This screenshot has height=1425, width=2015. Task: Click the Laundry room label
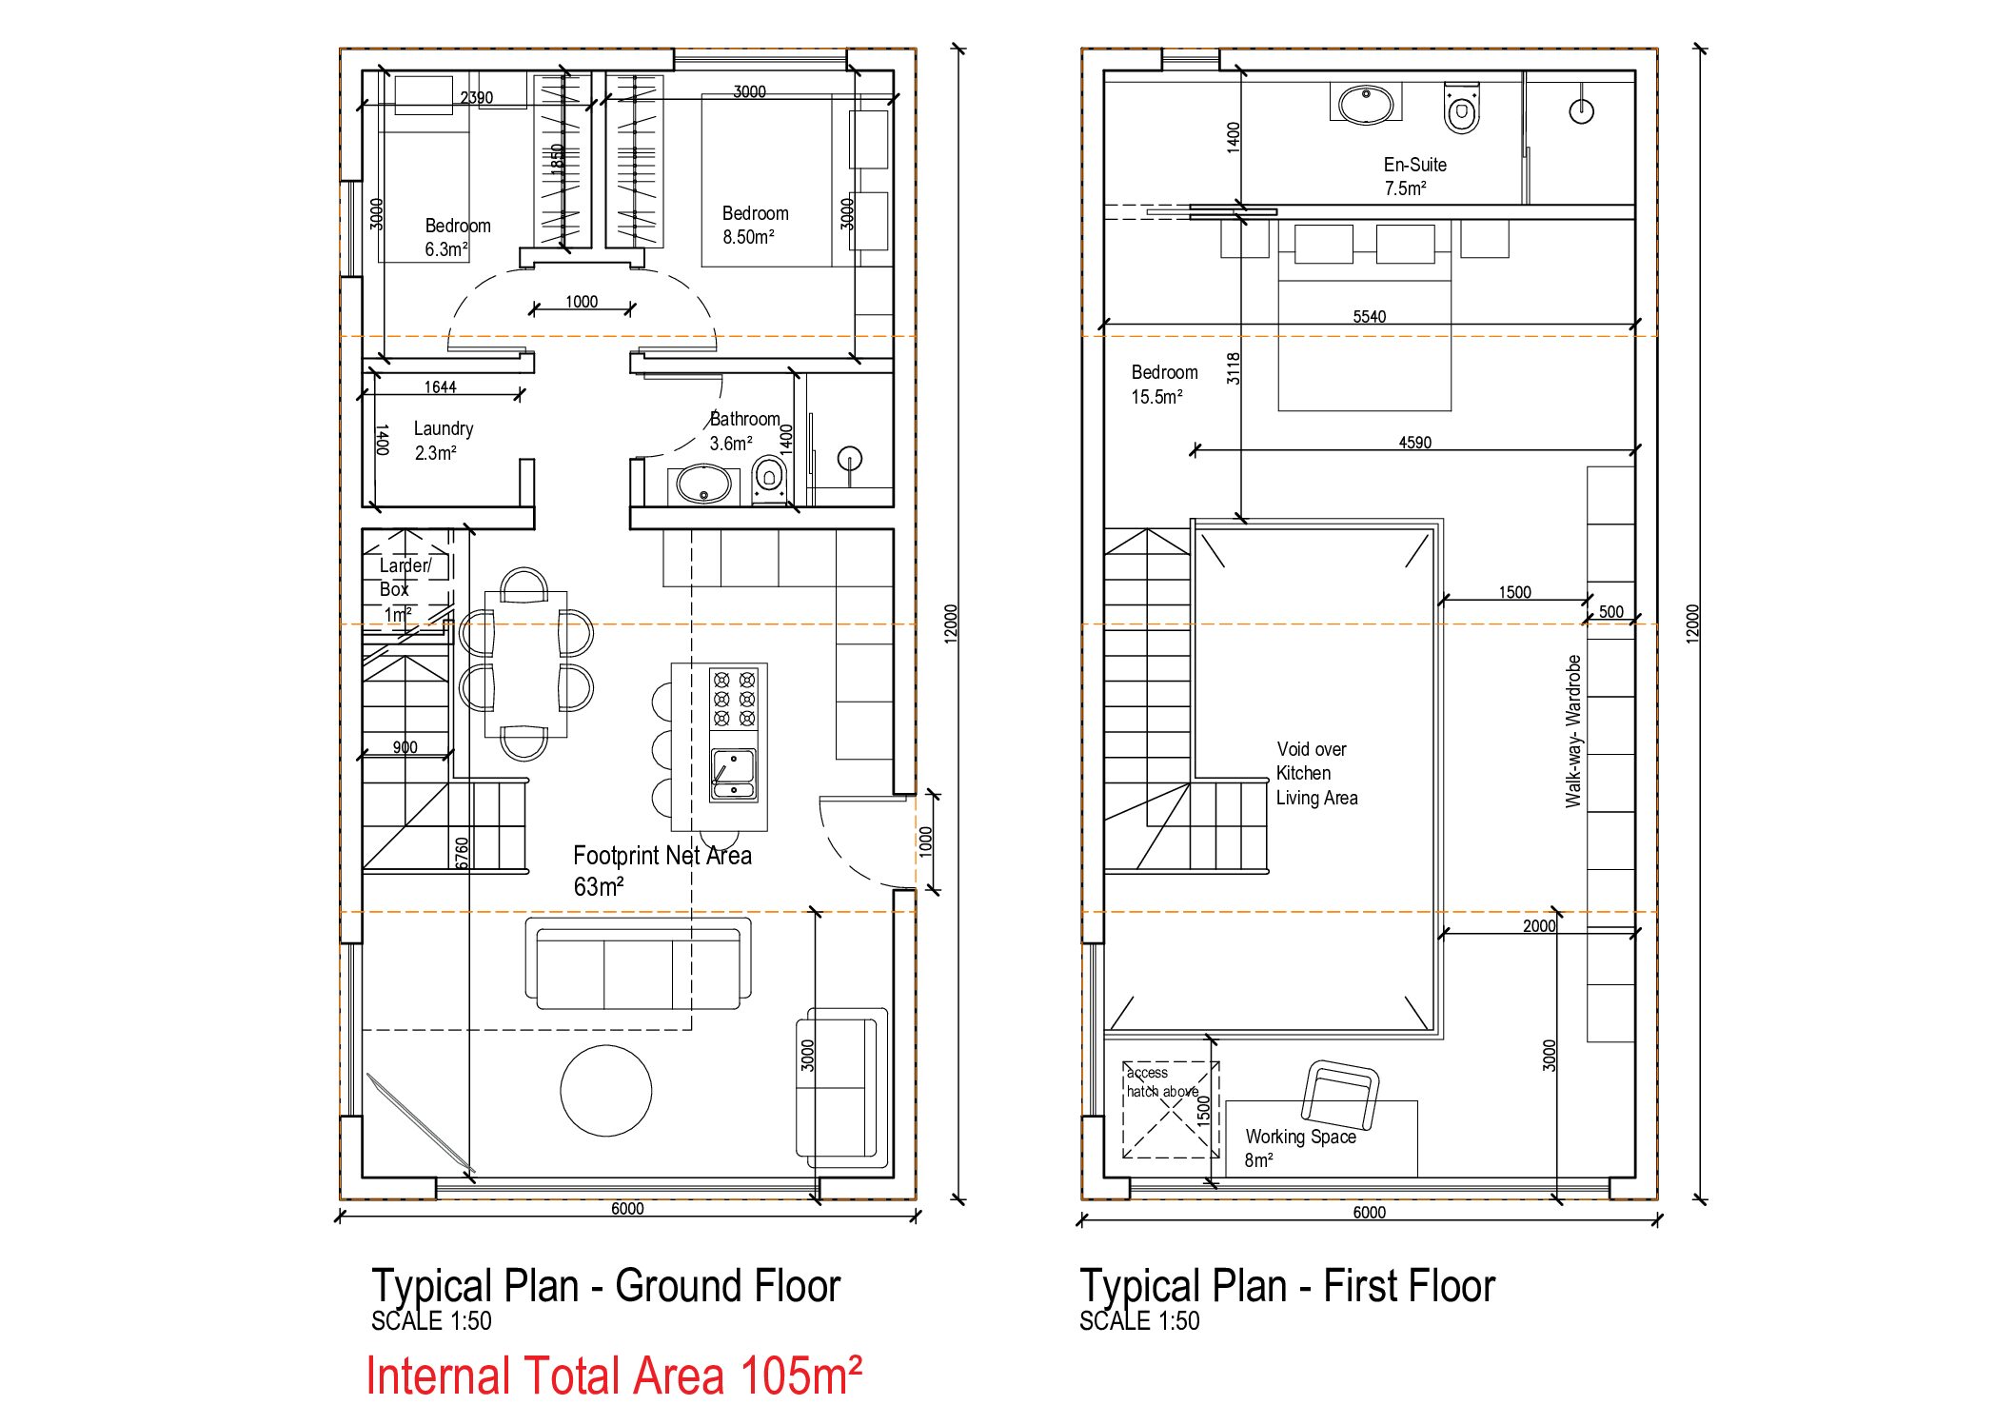point(444,428)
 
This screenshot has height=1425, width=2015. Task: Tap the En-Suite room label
point(1415,165)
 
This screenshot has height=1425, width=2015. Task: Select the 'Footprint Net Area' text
point(662,856)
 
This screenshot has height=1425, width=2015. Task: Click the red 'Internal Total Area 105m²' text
point(614,1376)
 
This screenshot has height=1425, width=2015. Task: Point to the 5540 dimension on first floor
point(1370,316)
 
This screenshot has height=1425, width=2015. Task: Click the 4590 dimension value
point(1415,443)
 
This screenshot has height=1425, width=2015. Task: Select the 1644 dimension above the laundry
point(440,386)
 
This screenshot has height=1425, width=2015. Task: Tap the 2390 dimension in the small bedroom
point(477,97)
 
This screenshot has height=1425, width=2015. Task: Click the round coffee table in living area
point(606,1091)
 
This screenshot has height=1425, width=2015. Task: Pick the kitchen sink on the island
point(734,774)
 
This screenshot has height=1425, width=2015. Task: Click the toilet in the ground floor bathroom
point(769,479)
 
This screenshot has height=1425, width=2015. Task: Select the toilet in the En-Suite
point(1461,109)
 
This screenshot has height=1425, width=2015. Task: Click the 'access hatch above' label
point(1162,1081)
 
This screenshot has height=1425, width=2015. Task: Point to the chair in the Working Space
point(1340,1096)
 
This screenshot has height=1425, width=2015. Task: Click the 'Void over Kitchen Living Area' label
point(1317,773)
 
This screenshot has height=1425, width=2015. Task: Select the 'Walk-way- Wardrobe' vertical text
point(1573,731)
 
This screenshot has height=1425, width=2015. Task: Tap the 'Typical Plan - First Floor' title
point(1287,1286)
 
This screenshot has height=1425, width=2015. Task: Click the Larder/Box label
point(404,577)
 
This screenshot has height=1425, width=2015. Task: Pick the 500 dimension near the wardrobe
point(1610,612)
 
